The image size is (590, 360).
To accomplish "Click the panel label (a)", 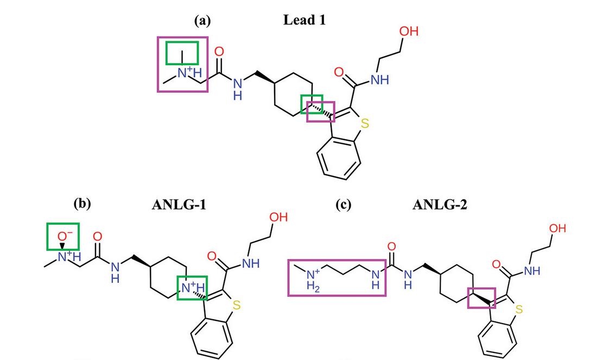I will (x=203, y=21).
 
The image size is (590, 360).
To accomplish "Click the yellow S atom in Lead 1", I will (x=364, y=123).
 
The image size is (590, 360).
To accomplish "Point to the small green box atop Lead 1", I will (x=182, y=53).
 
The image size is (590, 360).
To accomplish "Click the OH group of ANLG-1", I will (x=278, y=218).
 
